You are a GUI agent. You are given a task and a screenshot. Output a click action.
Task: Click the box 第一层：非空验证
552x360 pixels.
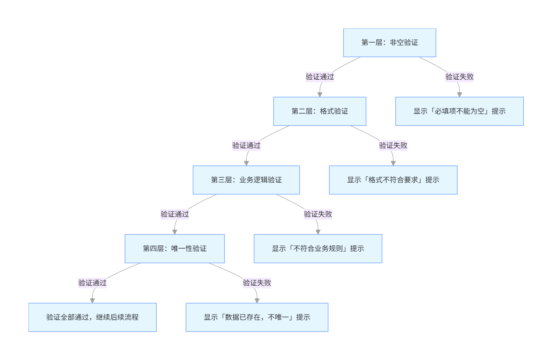pyautogui.click(x=389, y=43)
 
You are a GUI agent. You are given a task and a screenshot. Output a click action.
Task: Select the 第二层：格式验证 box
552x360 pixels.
pyautogui.click(x=320, y=111)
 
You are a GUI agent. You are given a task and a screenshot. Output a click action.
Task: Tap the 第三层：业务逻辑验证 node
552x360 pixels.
pyautogui.click(x=246, y=180)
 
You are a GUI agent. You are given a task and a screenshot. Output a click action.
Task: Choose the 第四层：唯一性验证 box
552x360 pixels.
pyautogui.click(x=174, y=249)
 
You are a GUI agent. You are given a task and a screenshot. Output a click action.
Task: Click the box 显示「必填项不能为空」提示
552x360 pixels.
pyautogui.click(x=459, y=111)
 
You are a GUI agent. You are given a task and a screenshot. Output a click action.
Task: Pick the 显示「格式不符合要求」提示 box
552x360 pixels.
pyautogui.click(x=393, y=180)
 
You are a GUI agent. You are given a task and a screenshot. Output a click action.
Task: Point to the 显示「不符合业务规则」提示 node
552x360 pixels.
pyautogui.click(x=318, y=249)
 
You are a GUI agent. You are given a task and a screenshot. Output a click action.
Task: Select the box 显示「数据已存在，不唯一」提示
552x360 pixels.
pyautogui.click(x=257, y=317)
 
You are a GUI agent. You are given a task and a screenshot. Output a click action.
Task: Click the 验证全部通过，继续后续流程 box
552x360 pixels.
pyautogui.click(x=92, y=317)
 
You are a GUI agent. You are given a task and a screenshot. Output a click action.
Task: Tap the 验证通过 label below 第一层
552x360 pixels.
pyautogui.click(x=320, y=77)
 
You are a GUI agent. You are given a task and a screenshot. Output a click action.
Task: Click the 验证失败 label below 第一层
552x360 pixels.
pyautogui.click(x=459, y=77)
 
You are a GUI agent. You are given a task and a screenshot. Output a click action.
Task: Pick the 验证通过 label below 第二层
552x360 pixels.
pyautogui.click(x=246, y=146)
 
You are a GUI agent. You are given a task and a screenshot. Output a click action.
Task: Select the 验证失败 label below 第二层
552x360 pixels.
pyautogui.click(x=393, y=146)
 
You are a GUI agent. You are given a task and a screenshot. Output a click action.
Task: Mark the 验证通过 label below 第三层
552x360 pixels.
pyautogui.click(x=174, y=214)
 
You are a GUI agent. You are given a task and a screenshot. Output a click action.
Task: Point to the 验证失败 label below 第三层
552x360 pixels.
pyautogui.click(x=318, y=214)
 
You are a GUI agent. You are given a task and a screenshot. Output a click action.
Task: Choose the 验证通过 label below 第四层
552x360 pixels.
pyautogui.click(x=92, y=283)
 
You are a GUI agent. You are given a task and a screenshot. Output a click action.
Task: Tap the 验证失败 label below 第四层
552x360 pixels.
pyautogui.click(x=257, y=283)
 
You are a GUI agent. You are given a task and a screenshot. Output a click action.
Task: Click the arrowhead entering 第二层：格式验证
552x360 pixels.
pyautogui.click(x=320, y=95)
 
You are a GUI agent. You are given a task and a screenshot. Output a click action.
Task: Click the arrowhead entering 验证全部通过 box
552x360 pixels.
pyautogui.click(x=92, y=301)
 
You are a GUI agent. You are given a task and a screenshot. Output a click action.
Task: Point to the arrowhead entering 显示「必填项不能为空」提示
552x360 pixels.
pyautogui.click(x=459, y=95)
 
